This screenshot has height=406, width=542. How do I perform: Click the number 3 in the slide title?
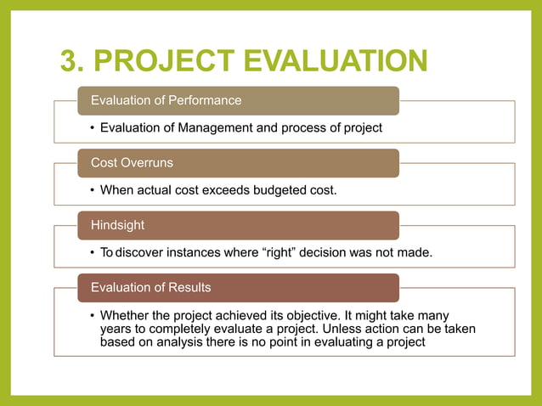(71, 62)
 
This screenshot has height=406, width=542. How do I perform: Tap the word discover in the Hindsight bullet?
(141, 253)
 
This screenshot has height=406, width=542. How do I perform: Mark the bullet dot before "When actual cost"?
(92, 190)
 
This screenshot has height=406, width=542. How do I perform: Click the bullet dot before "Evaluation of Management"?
(92, 128)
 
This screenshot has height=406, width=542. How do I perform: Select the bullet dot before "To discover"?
(92, 253)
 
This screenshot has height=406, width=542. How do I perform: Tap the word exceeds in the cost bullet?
(225, 190)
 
